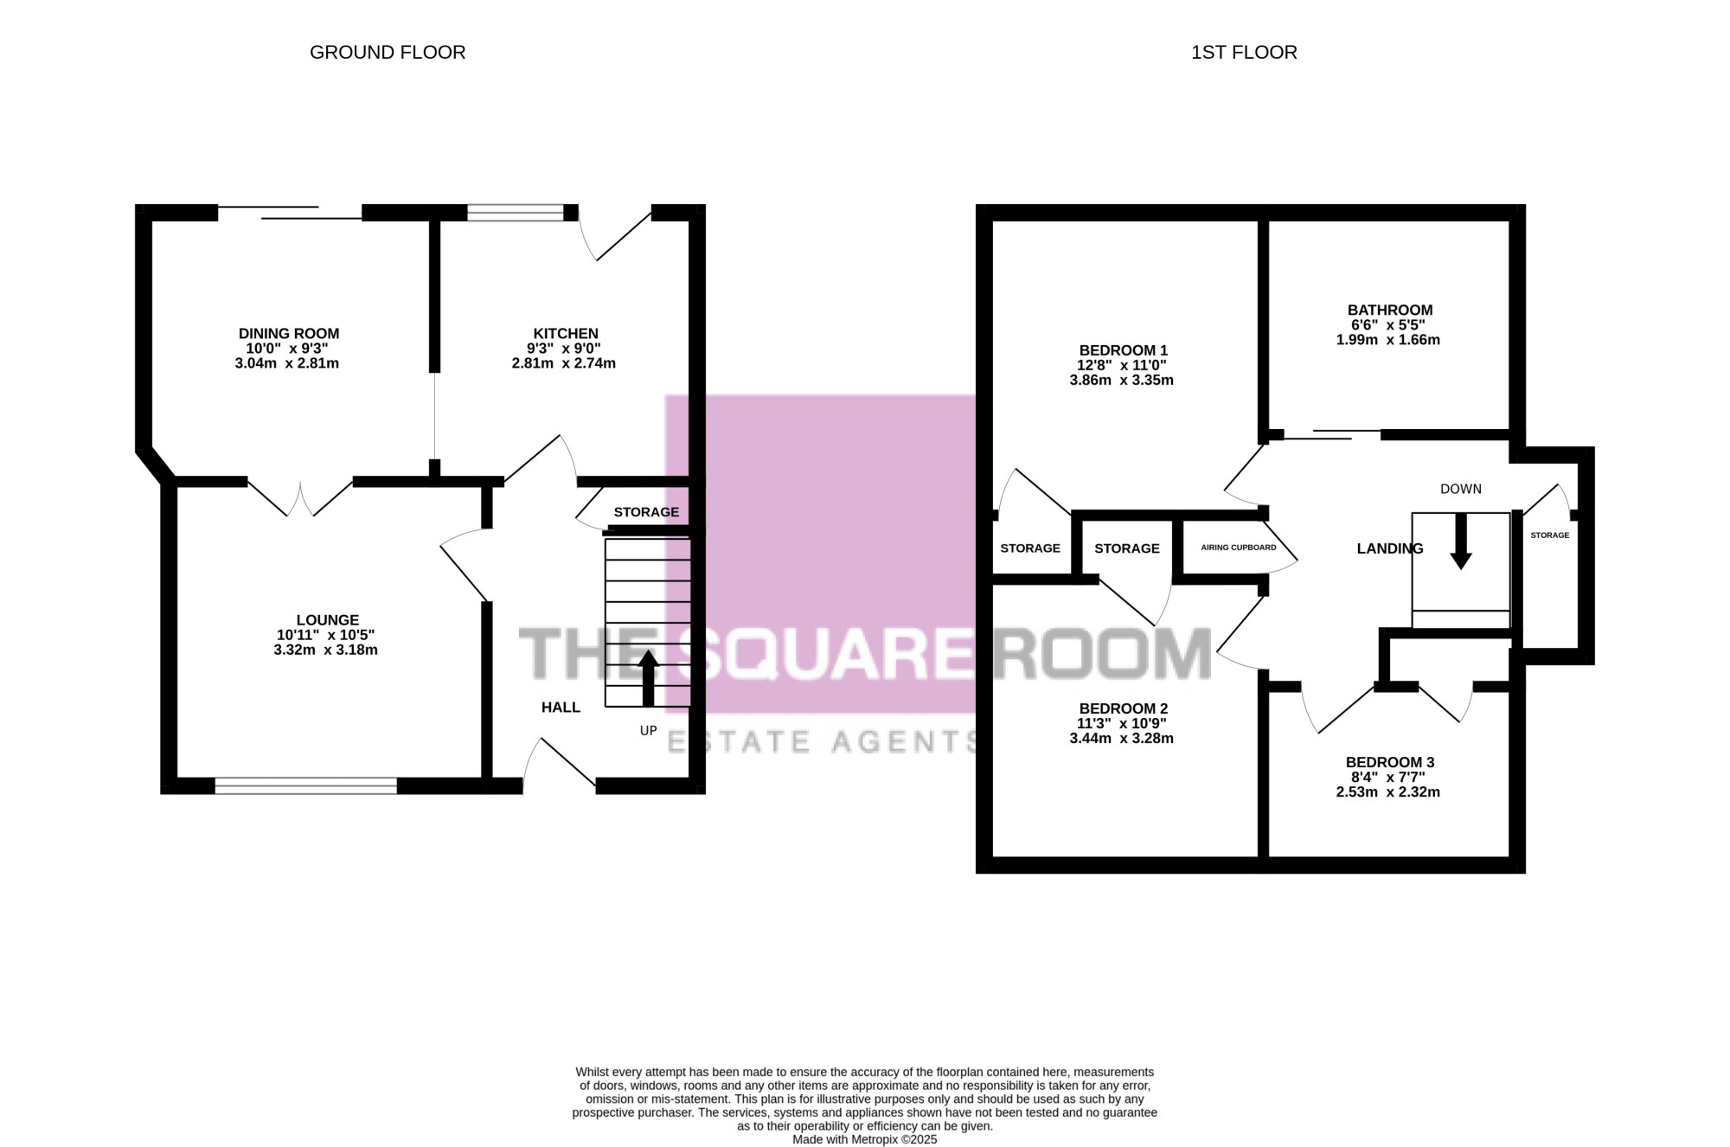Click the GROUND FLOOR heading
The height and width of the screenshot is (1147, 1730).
pyautogui.click(x=388, y=53)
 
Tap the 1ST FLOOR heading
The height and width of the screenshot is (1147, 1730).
pyautogui.click(x=1244, y=53)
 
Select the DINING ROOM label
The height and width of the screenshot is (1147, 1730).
pyautogui.click(x=289, y=334)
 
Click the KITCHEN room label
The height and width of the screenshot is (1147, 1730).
pyautogui.click(x=566, y=334)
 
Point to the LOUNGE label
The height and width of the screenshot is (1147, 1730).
pyautogui.click(x=328, y=620)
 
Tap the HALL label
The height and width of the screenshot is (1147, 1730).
pyautogui.click(x=561, y=708)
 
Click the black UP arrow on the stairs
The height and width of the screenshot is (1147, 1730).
pyautogui.click(x=648, y=678)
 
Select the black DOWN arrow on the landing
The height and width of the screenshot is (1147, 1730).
pyautogui.click(x=1461, y=541)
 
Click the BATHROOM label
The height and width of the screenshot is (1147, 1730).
pyautogui.click(x=1390, y=311)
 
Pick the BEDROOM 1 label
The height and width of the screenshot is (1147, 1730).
pyautogui.click(x=1124, y=350)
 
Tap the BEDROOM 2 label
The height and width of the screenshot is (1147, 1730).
pyautogui.click(x=1124, y=709)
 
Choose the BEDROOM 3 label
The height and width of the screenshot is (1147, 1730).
pyautogui.click(x=1390, y=763)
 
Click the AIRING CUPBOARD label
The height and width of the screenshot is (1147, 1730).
pyautogui.click(x=1239, y=548)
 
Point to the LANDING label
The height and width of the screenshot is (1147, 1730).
pyautogui.click(x=1390, y=548)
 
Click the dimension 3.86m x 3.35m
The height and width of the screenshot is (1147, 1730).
pyautogui.click(x=1122, y=380)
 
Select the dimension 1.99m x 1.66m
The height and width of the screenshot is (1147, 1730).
pyautogui.click(x=1388, y=340)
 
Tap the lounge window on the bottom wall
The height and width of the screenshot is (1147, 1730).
pyautogui.click(x=306, y=785)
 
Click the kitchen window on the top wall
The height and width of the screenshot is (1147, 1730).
pyautogui.click(x=516, y=213)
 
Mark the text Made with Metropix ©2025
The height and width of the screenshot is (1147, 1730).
pyautogui.click(x=865, y=1140)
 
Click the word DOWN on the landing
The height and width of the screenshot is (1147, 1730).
pyautogui.click(x=1461, y=490)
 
